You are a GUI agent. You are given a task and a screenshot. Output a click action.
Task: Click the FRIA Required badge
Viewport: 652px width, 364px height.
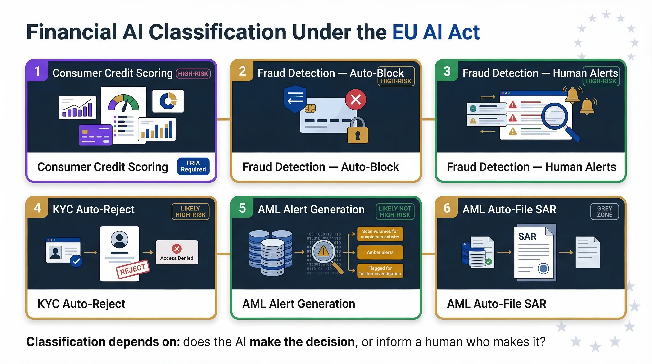pos(193,166)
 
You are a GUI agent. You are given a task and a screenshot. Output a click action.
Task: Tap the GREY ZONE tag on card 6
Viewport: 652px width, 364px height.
pos(604,211)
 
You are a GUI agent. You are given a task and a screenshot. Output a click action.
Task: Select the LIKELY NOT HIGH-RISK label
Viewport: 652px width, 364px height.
pos(395,211)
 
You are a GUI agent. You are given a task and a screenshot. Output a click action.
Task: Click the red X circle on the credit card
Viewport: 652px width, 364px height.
pos(356,100)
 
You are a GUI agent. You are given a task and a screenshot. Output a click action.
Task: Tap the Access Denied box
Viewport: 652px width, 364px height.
pos(177,252)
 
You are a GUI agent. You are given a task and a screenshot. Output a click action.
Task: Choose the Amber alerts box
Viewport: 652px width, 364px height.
pos(380,252)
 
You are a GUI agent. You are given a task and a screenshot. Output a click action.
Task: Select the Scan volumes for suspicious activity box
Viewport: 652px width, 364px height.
pos(380,234)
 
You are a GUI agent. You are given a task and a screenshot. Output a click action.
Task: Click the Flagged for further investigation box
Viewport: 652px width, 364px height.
pos(380,271)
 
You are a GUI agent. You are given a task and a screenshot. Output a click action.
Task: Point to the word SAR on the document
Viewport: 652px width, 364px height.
pos(527,237)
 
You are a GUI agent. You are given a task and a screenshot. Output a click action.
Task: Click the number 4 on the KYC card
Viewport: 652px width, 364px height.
pos(37,208)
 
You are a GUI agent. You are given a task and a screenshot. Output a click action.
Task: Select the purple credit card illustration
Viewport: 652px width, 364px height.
pos(96,135)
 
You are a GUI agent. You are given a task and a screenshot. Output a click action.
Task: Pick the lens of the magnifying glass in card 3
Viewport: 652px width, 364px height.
pos(555,116)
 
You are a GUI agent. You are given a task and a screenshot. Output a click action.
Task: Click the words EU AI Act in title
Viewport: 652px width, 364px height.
pos(436,32)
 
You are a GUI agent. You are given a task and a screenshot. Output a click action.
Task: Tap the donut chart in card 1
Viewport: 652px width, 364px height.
pos(168,101)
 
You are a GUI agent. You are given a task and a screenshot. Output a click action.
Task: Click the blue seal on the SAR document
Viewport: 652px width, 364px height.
pos(543,268)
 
